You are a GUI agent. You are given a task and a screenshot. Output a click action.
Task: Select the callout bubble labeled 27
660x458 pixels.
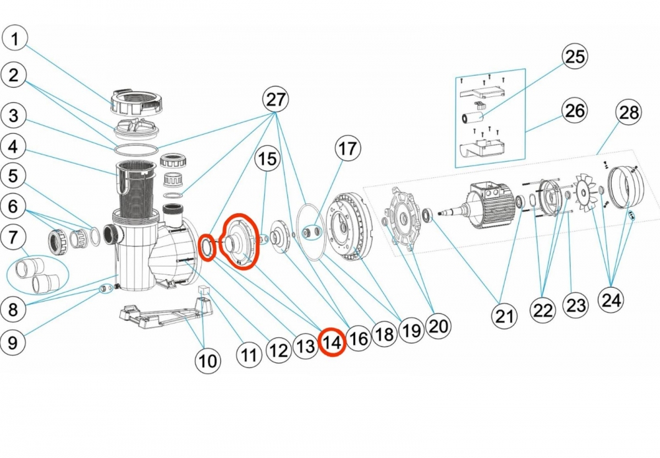(x=276, y=100)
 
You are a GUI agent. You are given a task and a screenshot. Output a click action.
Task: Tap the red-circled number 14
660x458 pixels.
(x=332, y=342)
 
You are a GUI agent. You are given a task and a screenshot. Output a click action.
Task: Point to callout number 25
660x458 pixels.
(x=575, y=57)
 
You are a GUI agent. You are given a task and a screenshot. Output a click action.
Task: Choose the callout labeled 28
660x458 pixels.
(x=629, y=112)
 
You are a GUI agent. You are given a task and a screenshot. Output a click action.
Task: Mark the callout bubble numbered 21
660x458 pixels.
(x=504, y=317)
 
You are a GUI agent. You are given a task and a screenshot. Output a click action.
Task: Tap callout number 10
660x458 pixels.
(x=208, y=360)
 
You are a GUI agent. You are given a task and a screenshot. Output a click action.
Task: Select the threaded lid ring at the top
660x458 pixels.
(x=136, y=100)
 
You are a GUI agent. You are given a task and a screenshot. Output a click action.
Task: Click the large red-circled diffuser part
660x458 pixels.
(x=238, y=242)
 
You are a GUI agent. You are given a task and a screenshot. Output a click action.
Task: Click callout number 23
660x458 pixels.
(x=576, y=305)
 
